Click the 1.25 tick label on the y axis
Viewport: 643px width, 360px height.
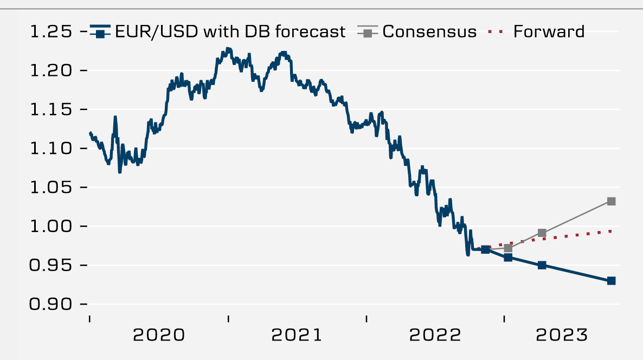pyautogui.click(x=52, y=32)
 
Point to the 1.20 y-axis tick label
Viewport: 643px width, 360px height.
pyautogui.click(x=52, y=70)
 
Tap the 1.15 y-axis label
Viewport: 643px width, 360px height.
pyautogui.click(x=52, y=110)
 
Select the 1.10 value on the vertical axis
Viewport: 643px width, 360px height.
pyautogui.click(x=52, y=149)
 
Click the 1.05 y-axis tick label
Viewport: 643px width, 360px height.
pyautogui.click(x=52, y=188)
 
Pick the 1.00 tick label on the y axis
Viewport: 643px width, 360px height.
pyautogui.click(x=52, y=227)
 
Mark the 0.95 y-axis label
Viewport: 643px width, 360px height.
pyautogui.click(x=52, y=266)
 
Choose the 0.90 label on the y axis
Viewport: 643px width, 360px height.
pyautogui.click(x=52, y=305)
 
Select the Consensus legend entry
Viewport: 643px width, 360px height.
pyautogui.click(x=429, y=32)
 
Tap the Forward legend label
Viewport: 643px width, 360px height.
pyautogui.click(x=549, y=32)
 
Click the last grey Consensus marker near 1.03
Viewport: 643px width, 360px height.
pyautogui.click(x=611, y=201)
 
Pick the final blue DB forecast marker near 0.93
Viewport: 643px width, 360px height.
pyautogui.click(x=611, y=281)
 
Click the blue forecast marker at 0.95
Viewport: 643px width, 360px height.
pyautogui.click(x=542, y=265)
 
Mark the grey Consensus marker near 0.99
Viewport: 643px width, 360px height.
pyautogui.click(x=542, y=233)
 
